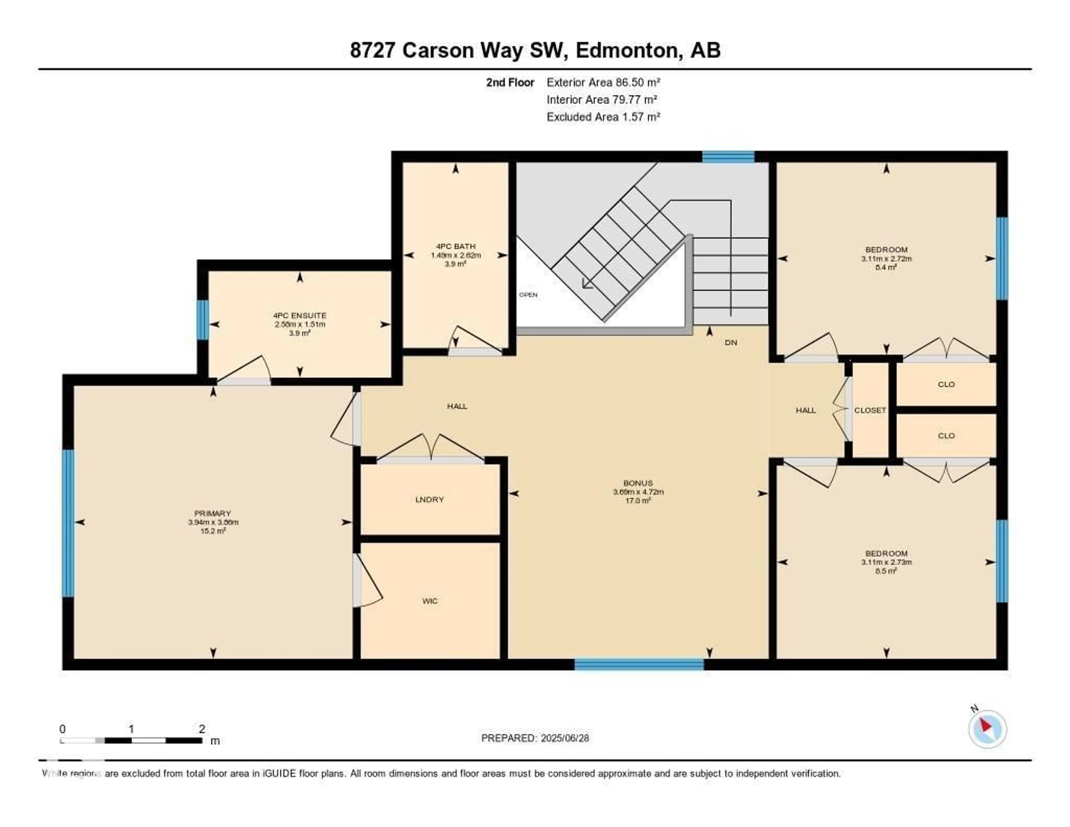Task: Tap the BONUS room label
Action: [x=638, y=483]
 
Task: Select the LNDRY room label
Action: [x=429, y=500]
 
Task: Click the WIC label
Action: [x=430, y=601]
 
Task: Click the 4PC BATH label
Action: [x=456, y=246]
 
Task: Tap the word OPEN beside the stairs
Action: [x=528, y=295]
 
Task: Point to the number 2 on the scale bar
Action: [x=201, y=729]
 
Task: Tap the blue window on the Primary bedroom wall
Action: [x=68, y=523]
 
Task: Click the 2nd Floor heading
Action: [x=510, y=82]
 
